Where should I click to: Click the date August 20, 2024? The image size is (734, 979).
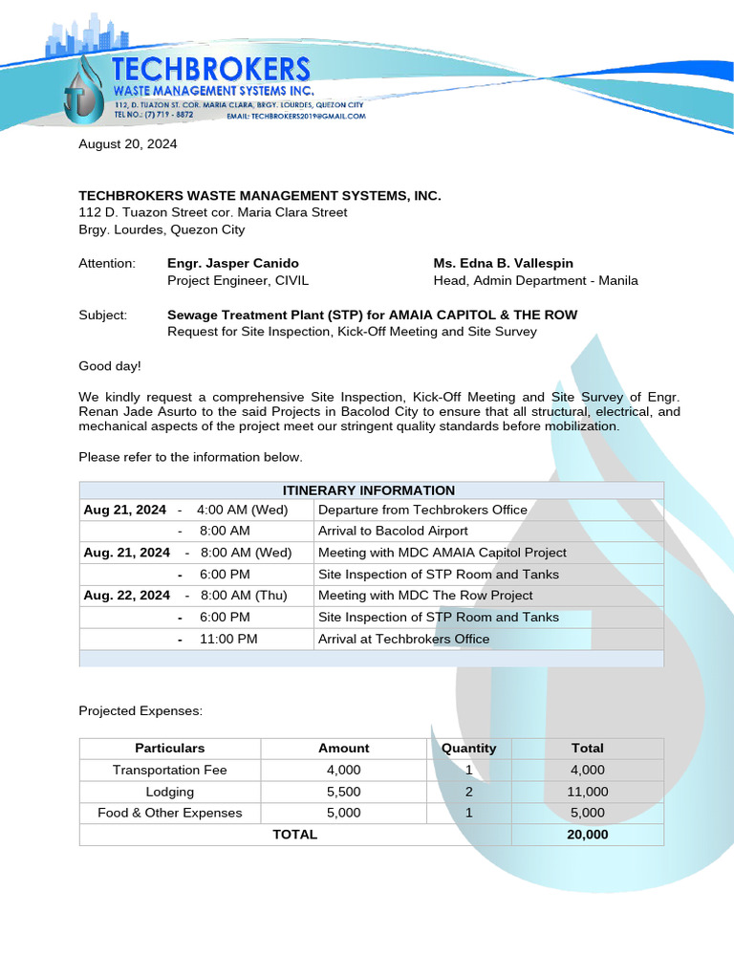127,144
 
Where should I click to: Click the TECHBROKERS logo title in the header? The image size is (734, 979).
210,69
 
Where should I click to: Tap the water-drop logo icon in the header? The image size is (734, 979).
83,91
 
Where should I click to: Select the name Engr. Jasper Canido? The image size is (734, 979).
232,263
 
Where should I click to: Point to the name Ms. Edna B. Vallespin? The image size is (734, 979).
503,263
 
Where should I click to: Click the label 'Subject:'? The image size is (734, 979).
103,315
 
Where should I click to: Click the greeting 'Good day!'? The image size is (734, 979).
109,365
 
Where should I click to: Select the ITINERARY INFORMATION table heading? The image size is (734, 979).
369,490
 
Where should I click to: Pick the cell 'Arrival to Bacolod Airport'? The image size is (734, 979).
393,531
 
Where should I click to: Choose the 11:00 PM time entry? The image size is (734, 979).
227,639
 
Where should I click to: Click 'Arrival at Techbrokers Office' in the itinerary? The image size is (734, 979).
403,639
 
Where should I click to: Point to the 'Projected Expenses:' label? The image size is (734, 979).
140,711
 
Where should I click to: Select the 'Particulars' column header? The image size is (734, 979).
169,749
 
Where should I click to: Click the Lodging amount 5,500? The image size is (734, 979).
343,792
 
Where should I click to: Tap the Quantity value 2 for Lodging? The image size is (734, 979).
468,792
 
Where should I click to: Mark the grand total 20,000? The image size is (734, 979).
588,835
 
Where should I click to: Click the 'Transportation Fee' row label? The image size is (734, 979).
169,770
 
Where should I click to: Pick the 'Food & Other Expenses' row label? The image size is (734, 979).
169,813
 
